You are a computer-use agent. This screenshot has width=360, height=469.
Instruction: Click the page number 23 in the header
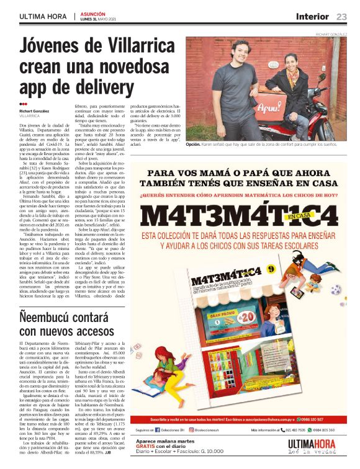click(342, 16)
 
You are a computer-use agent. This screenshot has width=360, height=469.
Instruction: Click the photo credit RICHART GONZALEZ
click(331, 35)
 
